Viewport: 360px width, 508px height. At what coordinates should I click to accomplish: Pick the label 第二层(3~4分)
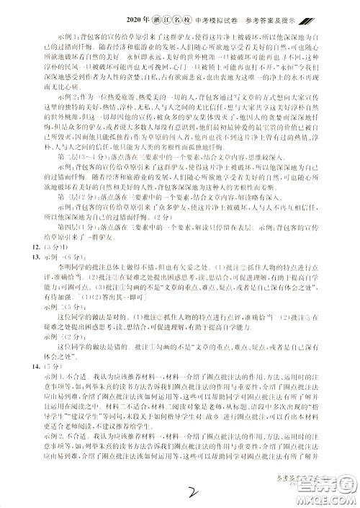(65, 154)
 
